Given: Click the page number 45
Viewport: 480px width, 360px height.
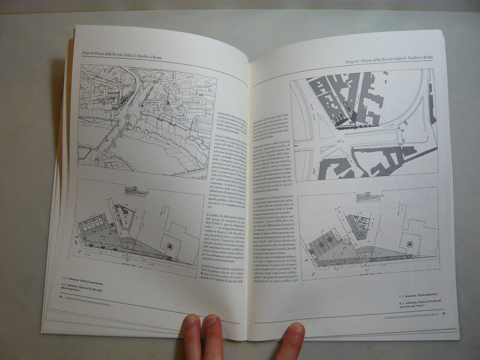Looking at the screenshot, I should (443, 314).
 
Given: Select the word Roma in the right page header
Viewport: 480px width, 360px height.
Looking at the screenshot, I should (426, 57).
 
